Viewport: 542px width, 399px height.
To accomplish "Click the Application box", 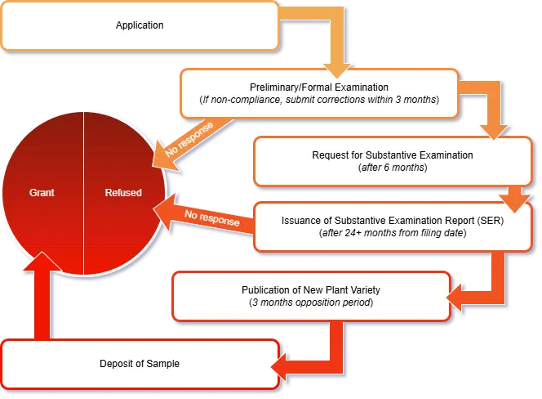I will tap(140, 25).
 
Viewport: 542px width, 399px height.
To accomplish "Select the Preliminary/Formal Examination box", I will tap(318, 92).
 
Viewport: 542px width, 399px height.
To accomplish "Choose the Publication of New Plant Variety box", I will tap(310, 296).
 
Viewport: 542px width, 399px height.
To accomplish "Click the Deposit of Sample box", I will tap(140, 363).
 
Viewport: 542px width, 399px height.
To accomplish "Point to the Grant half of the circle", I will tap(42, 193).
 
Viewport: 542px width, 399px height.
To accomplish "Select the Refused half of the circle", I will tap(123, 193).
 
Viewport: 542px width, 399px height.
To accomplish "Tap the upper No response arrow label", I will tap(189, 137).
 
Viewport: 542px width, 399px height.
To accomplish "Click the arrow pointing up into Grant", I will tap(37, 294).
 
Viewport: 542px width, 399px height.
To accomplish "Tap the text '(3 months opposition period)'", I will tap(310, 303).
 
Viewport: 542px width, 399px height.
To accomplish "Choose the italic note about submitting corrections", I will tap(318, 100).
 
